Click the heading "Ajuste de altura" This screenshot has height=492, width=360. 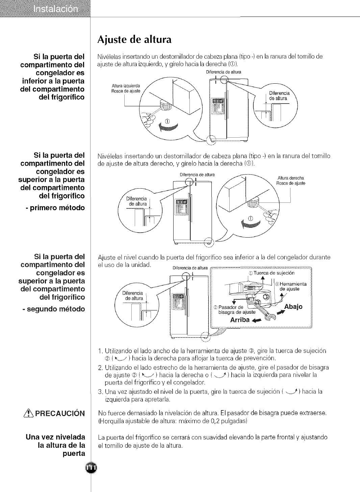click(x=134, y=40)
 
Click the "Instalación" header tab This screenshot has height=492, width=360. click(x=56, y=9)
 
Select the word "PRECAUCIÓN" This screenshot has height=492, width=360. click(x=60, y=413)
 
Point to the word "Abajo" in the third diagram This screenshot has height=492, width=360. click(x=293, y=306)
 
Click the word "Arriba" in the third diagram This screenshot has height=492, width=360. click(x=240, y=320)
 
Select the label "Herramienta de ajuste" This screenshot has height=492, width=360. click(x=292, y=286)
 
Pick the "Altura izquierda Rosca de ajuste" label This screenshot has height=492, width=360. click(x=126, y=88)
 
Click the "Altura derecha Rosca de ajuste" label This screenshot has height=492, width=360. click(x=290, y=181)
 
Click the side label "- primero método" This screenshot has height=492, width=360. click(x=55, y=208)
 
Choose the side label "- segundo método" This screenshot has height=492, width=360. click(x=54, y=309)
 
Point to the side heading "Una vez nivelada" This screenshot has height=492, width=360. click(x=55, y=437)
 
